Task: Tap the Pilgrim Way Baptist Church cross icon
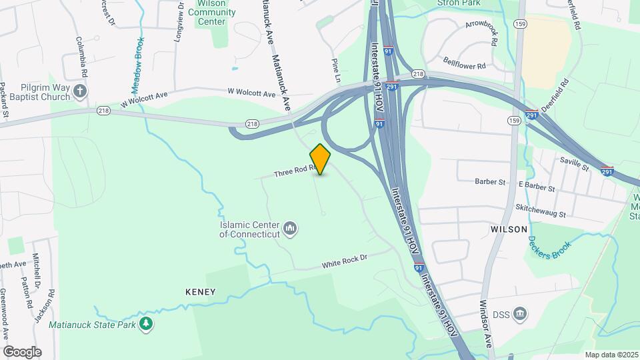click(x=80, y=91)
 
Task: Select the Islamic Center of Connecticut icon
click(x=290, y=229)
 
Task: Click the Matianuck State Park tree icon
click(x=146, y=324)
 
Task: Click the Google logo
click(x=22, y=351)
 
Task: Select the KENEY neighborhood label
click(x=201, y=292)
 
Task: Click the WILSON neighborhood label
click(x=509, y=228)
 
